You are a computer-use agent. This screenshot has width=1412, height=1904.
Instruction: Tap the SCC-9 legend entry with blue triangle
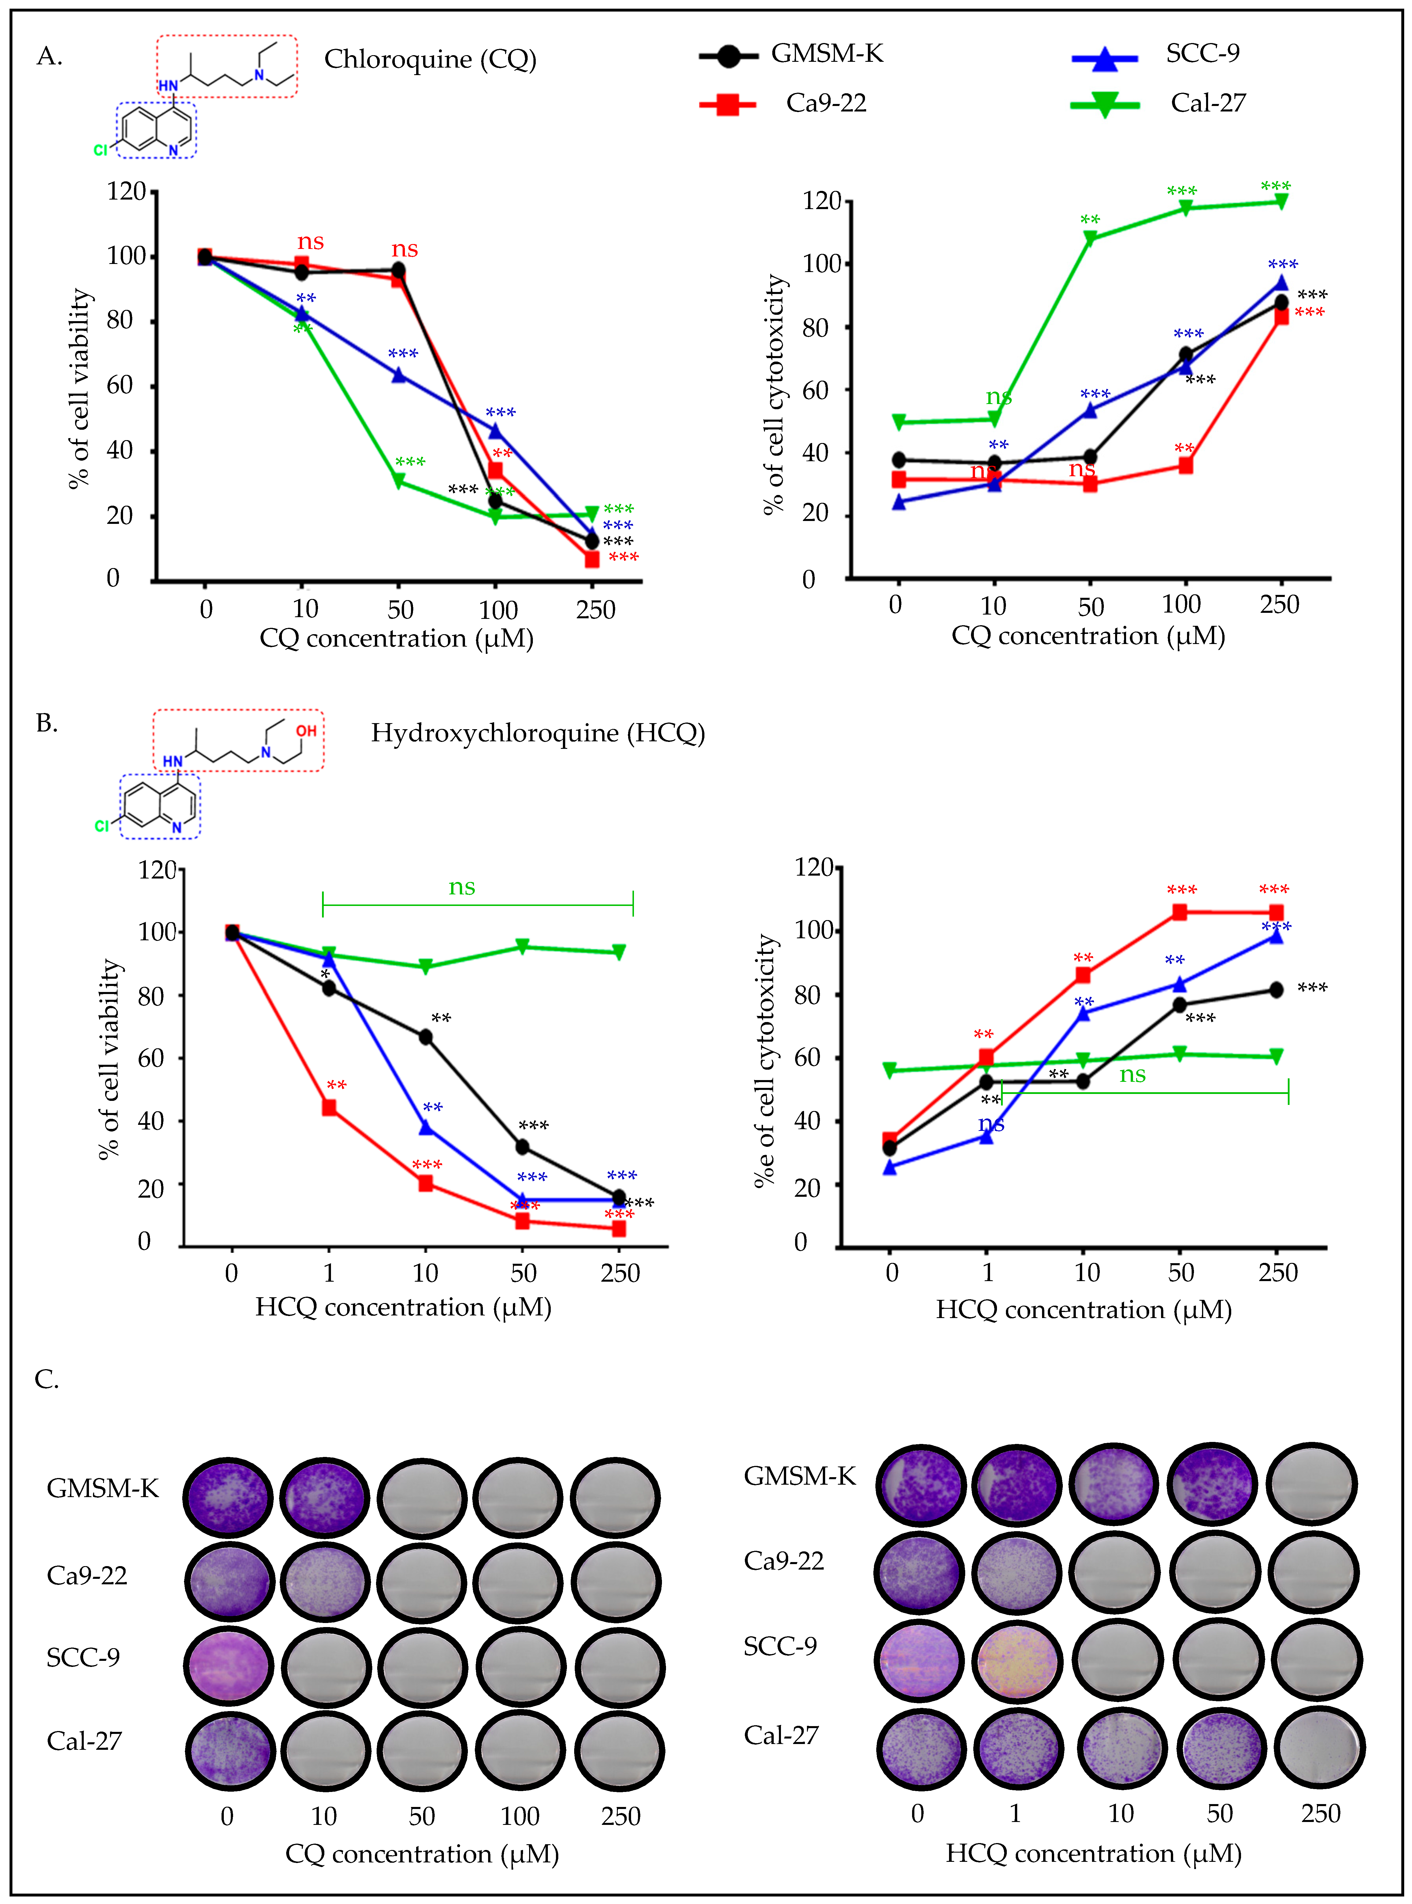coord(1202,54)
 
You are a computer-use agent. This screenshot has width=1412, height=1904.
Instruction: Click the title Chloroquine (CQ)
coord(430,60)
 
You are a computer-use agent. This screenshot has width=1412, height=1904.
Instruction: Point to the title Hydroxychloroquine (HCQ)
coord(537,733)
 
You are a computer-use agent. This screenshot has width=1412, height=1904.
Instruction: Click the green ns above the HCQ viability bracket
coord(462,887)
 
